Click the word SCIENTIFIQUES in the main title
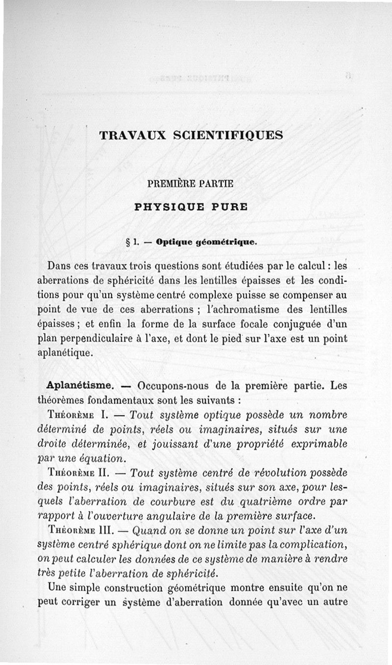(x=228, y=136)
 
